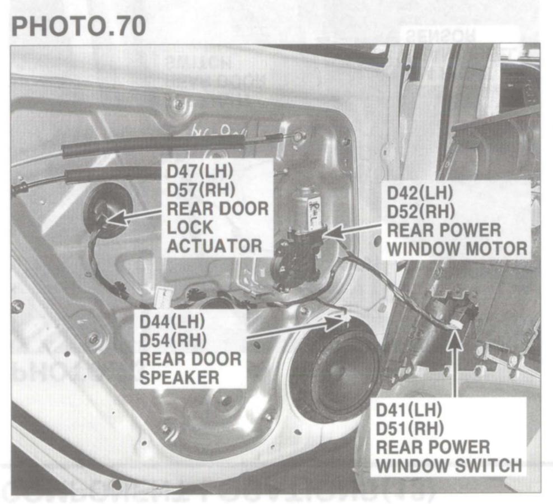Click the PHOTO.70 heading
click(79, 26)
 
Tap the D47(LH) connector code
click(200, 171)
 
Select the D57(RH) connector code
click(201, 190)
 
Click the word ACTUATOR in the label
click(214, 246)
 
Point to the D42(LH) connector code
click(420, 193)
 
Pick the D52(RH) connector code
click(421, 212)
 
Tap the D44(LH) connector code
click(172, 321)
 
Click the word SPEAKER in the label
click(179, 377)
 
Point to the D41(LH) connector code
click(409, 409)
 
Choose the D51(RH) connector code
click(410, 428)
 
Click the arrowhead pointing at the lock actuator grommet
click(116, 218)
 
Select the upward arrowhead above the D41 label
click(456, 338)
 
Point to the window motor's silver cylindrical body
click(307, 208)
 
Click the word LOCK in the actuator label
click(190, 227)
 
